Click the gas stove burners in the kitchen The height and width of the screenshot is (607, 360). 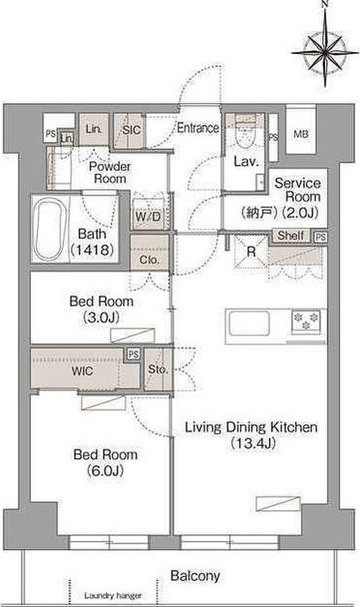click(x=306, y=321)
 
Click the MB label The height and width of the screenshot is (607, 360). click(x=301, y=134)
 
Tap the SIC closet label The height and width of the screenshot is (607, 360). click(x=131, y=130)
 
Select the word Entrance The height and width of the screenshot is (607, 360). click(x=197, y=128)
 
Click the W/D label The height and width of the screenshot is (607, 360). click(x=148, y=216)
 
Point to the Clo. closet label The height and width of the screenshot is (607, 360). click(x=149, y=260)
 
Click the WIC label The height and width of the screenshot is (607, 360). click(x=82, y=371)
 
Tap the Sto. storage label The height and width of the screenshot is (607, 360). click(x=158, y=370)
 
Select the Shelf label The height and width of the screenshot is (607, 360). click(x=291, y=235)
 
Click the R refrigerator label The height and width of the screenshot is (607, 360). click(x=251, y=252)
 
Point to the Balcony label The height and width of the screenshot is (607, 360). click(x=195, y=576)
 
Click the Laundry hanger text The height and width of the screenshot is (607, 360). click(x=113, y=595)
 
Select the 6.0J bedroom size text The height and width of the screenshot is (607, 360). click(x=105, y=470)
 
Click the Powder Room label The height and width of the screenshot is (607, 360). click(x=110, y=173)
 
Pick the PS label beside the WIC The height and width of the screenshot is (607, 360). click(x=133, y=354)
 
